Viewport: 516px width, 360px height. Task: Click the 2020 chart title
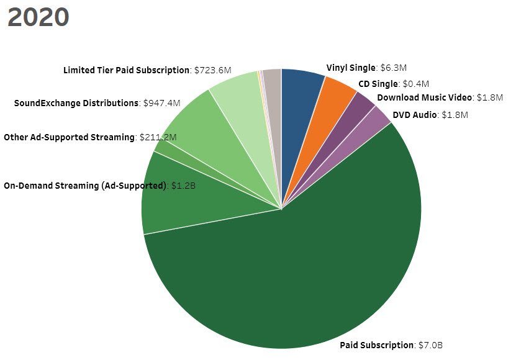click(38, 17)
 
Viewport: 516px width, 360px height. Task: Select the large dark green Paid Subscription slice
click(298, 273)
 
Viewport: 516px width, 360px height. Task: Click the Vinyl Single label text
click(351, 68)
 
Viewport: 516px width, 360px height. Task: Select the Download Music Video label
click(425, 97)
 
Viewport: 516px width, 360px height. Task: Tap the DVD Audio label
click(415, 114)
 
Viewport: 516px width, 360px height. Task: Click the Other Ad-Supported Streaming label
click(69, 137)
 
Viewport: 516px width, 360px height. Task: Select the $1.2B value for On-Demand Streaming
click(184, 185)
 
